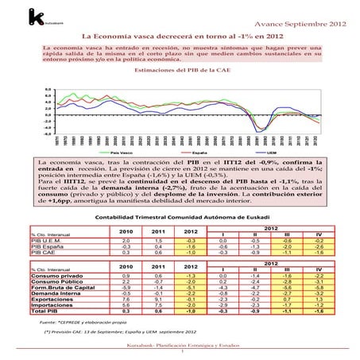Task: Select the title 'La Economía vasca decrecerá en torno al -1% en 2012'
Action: [x=180, y=37]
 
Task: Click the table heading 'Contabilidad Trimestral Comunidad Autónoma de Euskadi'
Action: [x=180, y=216]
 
